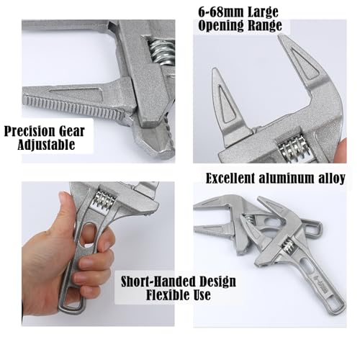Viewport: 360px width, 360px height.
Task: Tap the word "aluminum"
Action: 290,178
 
